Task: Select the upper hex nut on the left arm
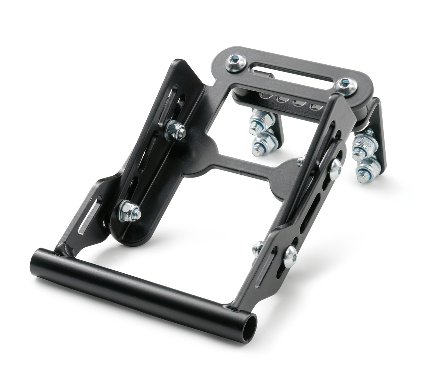click(x=175, y=131)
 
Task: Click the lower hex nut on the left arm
click(x=129, y=212)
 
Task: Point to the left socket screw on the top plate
click(x=236, y=62)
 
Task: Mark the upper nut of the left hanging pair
click(x=261, y=120)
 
